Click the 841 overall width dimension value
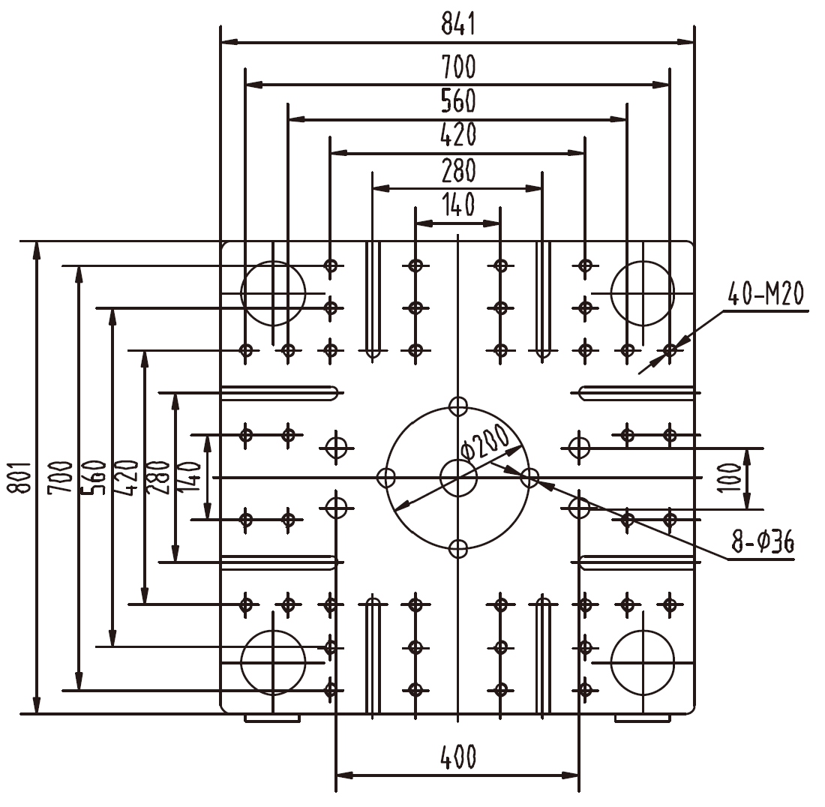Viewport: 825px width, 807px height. coord(457,24)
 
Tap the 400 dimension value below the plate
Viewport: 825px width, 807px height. coord(457,757)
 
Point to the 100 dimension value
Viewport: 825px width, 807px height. coord(738,477)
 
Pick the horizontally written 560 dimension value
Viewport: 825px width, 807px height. coord(457,101)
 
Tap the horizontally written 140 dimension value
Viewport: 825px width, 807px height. coord(457,205)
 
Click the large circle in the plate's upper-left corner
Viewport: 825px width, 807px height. coord(273,293)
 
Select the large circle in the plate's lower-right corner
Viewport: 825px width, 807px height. coord(643,663)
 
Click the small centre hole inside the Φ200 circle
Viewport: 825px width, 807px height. coord(458,478)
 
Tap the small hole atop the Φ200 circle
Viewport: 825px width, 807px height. coord(457,406)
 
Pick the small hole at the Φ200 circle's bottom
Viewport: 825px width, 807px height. coord(457,549)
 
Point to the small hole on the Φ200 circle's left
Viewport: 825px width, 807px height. coord(386,478)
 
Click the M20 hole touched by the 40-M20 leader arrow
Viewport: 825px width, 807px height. coord(670,349)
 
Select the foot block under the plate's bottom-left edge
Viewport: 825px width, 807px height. coord(272,718)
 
